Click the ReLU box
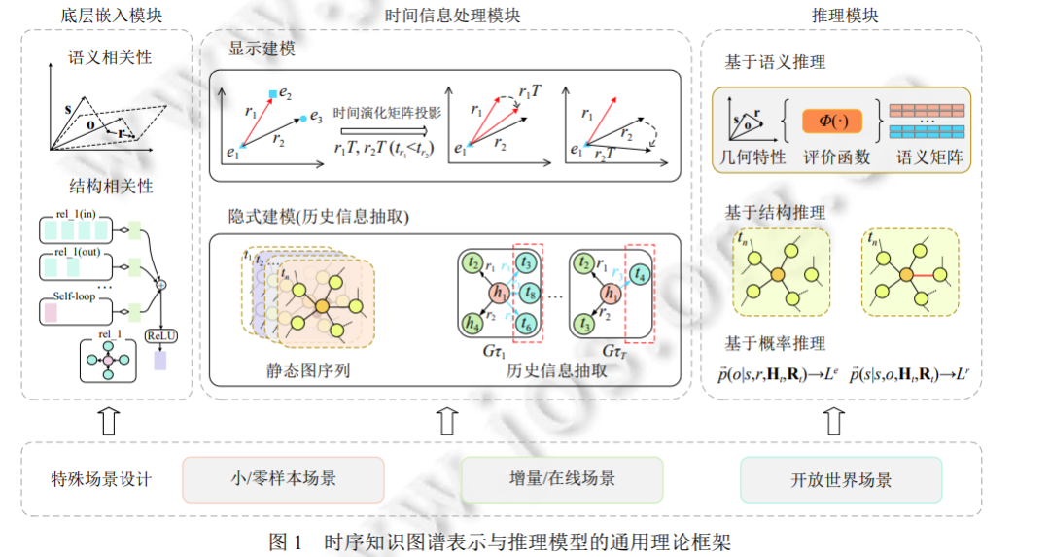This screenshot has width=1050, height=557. (161, 336)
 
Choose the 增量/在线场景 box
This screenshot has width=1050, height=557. (561, 479)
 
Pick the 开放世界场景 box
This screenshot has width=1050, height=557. (841, 479)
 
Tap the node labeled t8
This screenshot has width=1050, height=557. (527, 292)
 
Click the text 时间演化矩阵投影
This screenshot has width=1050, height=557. (387, 113)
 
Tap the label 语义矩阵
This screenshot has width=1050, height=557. (929, 157)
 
